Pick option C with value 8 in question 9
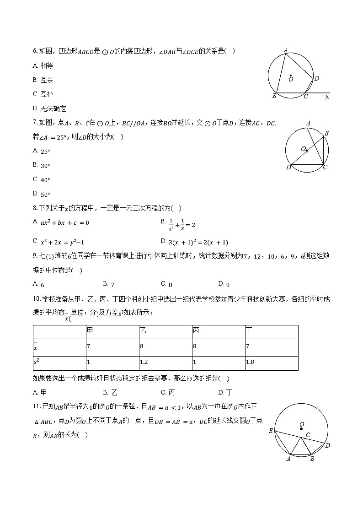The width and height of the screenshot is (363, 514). (x=166, y=284)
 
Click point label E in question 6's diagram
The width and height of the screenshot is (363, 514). (x=326, y=97)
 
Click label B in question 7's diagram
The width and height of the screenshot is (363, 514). (x=326, y=133)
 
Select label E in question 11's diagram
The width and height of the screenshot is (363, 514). (x=270, y=431)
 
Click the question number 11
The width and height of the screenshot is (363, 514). (x=36, y=406)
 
